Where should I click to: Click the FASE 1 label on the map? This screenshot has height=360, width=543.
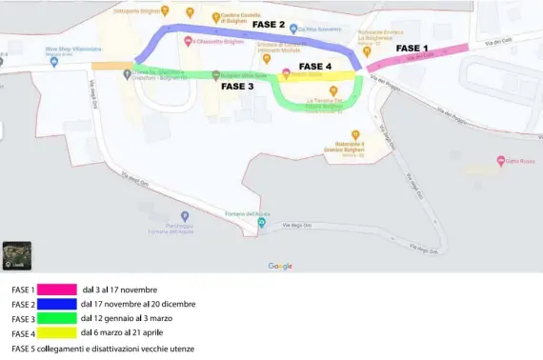(412, 48)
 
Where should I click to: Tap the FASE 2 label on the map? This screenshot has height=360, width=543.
(269, 24)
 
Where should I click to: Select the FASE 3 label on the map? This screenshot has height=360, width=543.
(237, 86)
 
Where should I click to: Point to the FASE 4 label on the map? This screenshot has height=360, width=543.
(315, 67)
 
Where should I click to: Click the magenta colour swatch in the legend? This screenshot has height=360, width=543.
(56, 289)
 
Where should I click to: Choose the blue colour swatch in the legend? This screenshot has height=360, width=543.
(56, 304)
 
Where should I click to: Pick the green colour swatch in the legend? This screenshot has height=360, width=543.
(56, 318)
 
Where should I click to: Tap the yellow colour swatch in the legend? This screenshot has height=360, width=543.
(56, 333)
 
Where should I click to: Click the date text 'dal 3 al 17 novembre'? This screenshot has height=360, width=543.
(120, 289)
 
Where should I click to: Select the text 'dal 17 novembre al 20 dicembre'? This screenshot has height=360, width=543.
(137, 304)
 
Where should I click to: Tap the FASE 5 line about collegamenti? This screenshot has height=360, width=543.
(102, 349)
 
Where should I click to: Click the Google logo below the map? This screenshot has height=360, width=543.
(280, 266)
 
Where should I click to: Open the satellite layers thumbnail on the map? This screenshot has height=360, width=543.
(16, 255)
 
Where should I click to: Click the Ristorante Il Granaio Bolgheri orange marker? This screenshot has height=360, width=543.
(354, 134)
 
